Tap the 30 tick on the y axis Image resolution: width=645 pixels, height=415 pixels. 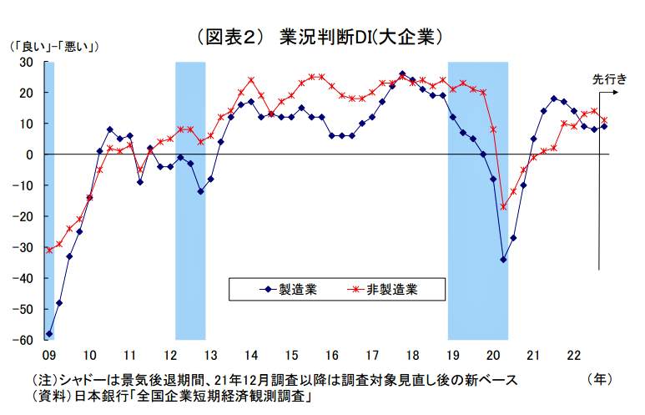(x=27, y=62)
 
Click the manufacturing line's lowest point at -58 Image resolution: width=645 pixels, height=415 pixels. (x=49, y=333)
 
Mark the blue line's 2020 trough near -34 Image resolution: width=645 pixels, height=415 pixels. (x=503, y=260)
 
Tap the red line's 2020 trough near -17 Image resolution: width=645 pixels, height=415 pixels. (x=503, y=207)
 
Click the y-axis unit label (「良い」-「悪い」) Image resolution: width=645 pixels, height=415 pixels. (x=54, y=47)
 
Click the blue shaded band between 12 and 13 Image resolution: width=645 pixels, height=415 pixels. (x=190, y=200)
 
